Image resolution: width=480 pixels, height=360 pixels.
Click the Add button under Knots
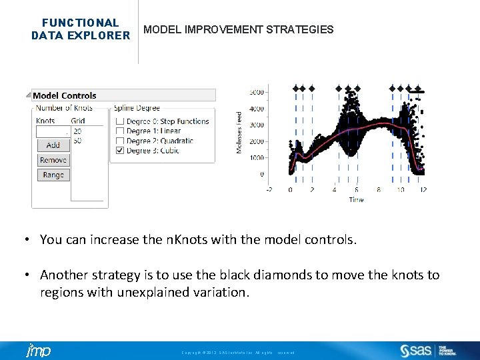pyautogui.click(x=53, y=145)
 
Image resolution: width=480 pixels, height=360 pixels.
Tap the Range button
pyautogui.click(x=53, y=175)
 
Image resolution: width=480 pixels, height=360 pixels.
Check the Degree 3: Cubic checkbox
pyautogui.click(x=120, y=151)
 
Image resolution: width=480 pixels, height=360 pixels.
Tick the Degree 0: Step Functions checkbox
pyautogui.click(x=120, y=121)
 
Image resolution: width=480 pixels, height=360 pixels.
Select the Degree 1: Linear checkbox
pyautogui.click(x=120, y=131)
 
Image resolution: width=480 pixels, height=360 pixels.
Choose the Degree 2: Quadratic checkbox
pyautogui.click(x=120, y=141)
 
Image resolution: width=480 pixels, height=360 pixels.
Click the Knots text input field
pyautogui.click(x=53, y=131)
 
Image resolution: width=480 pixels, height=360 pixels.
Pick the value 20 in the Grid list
pyautogui.click(x=78, y=131)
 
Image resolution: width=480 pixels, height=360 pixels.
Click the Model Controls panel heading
pyautogui.click(x=64, y=95)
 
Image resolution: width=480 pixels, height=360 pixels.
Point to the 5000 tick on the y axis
pyautogui.click(x=256, y=92)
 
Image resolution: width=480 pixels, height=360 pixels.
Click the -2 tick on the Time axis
pyautogui.click(x=268, y=190)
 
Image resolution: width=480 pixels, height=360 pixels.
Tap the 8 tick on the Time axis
pyautogui.click(x=379, y=190)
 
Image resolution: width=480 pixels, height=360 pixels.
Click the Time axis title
pyautogui.click(x=356, y=199)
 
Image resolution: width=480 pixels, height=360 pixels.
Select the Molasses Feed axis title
pyautogui.click(x=239, y=132)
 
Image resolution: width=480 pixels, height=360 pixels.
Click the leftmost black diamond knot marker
pyautogui.click(x=296, y=88)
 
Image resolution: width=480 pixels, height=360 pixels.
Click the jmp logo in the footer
pyautogui.click(x=38, y=351)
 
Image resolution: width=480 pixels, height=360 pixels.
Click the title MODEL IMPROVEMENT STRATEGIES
pyautogui.click(x=239, y=30)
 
